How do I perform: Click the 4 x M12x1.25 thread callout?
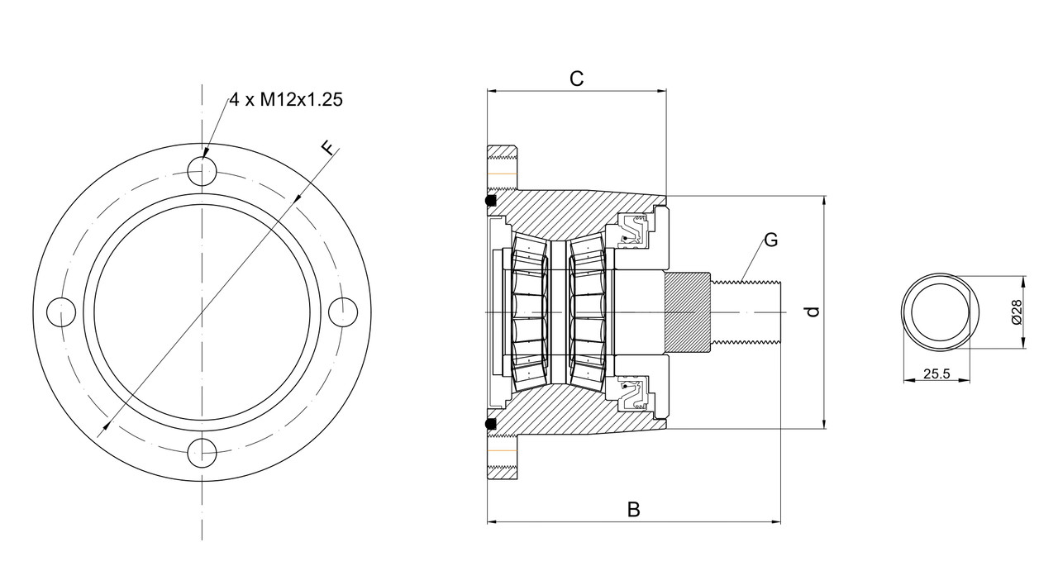[x=286, y=100]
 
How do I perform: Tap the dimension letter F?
[x=329, y=149]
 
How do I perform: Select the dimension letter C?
[x=577, y=78]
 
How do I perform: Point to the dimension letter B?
[x=633, y=509]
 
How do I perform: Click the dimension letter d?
[x=813, y=312]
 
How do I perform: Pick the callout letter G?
[x=770, y=240]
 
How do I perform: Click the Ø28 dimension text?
[x=1016, y=312]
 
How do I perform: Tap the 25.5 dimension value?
[x=936, y=373]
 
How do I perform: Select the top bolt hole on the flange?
[x=202, y=171]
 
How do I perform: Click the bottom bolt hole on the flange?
[x=202, y=454]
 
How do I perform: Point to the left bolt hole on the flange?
[x=60, y=312]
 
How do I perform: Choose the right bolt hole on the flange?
[x=343, y=312]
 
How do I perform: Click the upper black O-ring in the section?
[x=490, y=201]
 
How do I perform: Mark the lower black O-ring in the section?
[x=490, y=424]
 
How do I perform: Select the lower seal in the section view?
[x=635, y=394]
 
